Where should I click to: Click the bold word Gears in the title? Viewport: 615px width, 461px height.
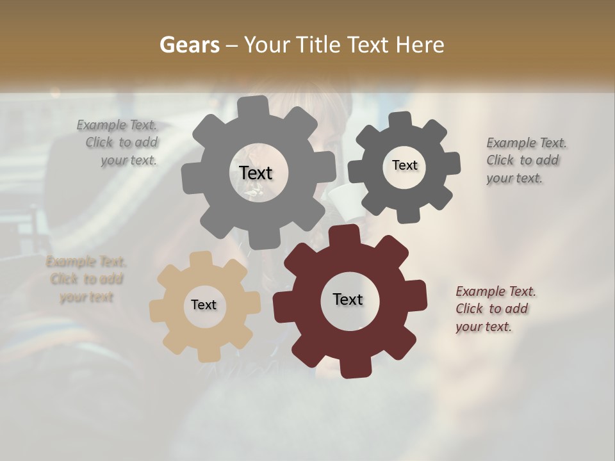[x=189, y=45]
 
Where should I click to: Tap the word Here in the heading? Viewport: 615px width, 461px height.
[x=420, y=45]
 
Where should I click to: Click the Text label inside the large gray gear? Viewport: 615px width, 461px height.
[x=256, y=173]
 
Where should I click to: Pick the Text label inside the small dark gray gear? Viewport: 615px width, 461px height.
[x=404, y=165]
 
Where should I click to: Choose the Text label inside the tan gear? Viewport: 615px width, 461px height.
[x=204, y=305]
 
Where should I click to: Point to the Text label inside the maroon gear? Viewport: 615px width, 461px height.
[x=348, y=299]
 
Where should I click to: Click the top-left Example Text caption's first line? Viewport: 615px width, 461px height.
[x=117, y=125]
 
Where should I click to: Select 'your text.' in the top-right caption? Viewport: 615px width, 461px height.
[x=514, y=178]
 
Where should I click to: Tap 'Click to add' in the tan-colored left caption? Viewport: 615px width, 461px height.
[x=86, y=279]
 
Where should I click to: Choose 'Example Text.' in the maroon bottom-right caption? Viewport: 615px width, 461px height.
[x=496, y=291]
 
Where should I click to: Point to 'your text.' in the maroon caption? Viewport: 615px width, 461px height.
[x=484, y=327]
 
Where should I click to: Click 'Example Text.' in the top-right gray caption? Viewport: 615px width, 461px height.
[x=527, y=143]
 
